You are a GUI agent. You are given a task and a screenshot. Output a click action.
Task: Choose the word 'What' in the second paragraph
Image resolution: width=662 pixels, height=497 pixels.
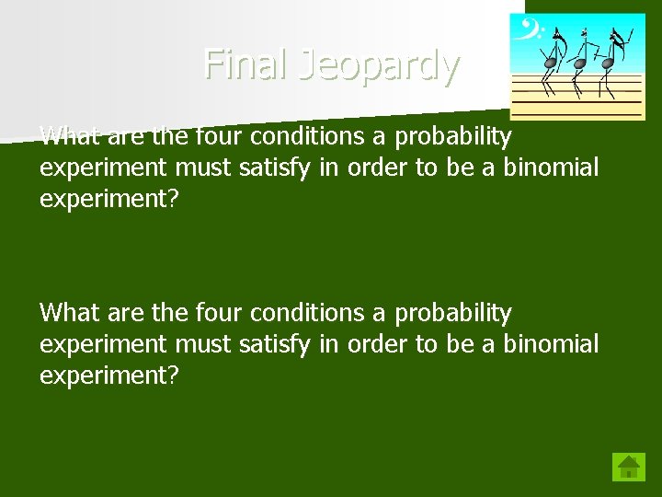click(70, 313)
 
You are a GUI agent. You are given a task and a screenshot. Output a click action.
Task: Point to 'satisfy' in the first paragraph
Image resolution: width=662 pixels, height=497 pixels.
click(272, 168)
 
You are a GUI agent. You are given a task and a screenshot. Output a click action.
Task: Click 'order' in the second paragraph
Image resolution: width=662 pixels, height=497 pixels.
click(378, 344)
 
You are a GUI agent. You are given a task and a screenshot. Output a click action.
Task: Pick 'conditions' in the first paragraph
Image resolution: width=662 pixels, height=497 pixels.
click(307, 137)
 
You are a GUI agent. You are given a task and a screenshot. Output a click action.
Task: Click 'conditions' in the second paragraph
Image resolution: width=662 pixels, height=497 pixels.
click(307, 314)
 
